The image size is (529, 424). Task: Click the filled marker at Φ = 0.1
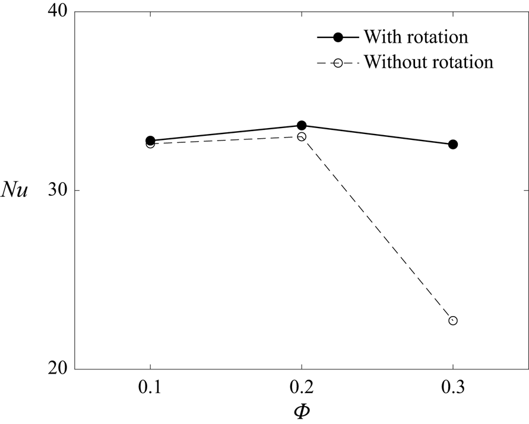(150, 141)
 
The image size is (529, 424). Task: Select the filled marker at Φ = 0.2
(302, 125)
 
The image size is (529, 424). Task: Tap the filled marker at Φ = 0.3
(453, 144)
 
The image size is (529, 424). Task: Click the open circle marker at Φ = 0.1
(150, 144)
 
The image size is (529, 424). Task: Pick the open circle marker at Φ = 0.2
(302, 136)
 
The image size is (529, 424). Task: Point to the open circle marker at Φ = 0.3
(453, 321)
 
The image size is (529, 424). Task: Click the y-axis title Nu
(16, 191)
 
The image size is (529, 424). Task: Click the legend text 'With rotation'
(416, 37)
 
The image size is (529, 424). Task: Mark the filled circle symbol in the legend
(338, 37)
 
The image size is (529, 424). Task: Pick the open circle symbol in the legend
(338, 62)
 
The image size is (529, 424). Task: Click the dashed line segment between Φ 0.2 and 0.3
(378, 229)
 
